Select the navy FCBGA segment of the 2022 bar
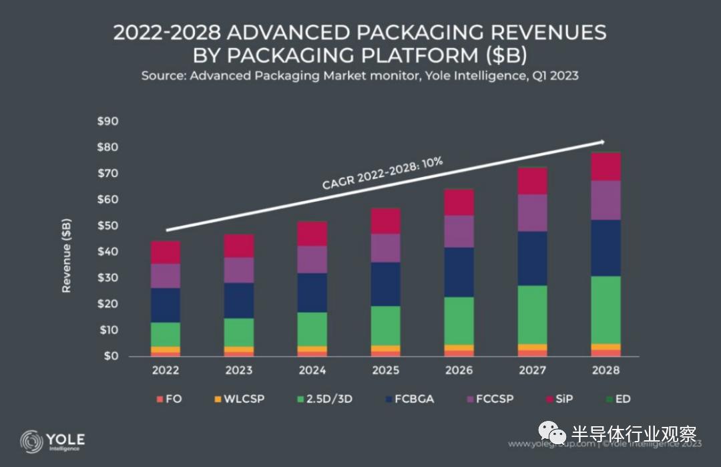tap(166, 305)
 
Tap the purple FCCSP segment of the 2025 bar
tap(386, 248)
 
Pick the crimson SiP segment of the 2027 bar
tap(532, 181)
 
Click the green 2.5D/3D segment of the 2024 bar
tap(312, 329)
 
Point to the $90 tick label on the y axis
tap(107, 122)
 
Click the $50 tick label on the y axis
tap(107, 226)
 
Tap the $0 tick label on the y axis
tap(111, 356)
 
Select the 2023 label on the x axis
tap(239, 370)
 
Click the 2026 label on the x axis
tap(459, 370)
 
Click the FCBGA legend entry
tap(409, 400)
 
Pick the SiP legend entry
tap(557, 400)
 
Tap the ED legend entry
tap(618, 400)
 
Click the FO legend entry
tap(168, 400)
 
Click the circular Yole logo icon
tap(31, 442)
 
